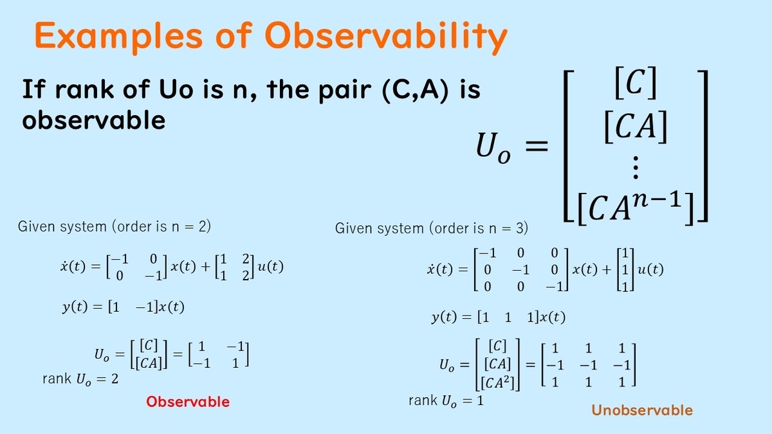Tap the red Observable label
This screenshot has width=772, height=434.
[188, 402]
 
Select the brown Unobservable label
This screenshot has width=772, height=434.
[642, 410]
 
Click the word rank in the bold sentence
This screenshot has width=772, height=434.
[84, 89]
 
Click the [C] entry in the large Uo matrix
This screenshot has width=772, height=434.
[636, 83]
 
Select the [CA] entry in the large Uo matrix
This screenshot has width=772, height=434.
[636, 127]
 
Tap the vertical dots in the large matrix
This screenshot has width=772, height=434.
[636, 167]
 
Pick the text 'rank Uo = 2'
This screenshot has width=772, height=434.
[80, 379]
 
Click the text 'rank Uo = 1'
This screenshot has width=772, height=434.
[446, 401]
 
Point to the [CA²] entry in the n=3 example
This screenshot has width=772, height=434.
[497, 383]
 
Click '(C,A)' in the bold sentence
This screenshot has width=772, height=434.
[416, 89]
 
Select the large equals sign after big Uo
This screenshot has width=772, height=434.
[537, 146]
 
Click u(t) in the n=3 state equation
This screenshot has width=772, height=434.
[650, 269]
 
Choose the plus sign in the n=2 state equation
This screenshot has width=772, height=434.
[205, 267]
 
